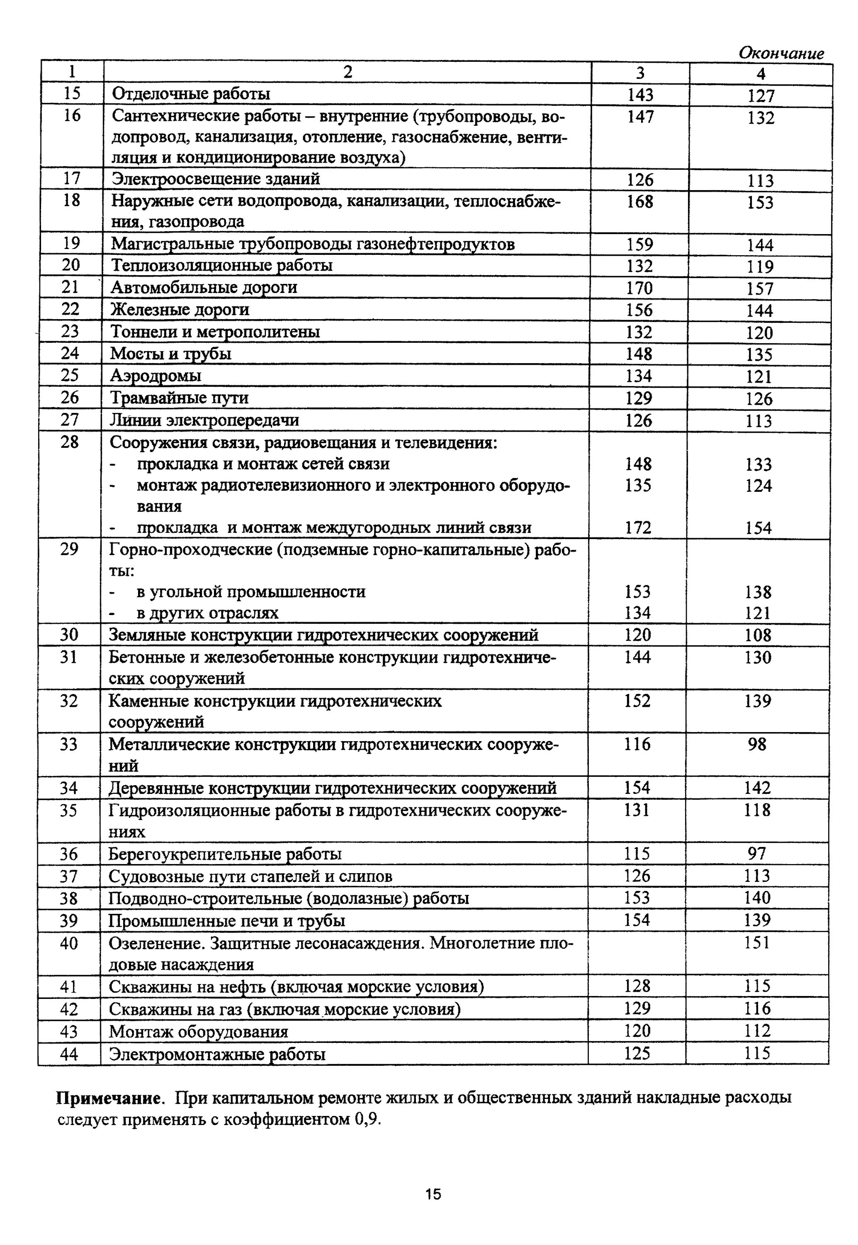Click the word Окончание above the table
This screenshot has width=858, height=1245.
point(780,53)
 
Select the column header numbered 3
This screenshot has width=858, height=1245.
point(640,73)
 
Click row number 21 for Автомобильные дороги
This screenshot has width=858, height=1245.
point(70,287)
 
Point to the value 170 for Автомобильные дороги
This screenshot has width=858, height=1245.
point(639,288)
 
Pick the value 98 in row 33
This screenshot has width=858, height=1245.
point(756,744)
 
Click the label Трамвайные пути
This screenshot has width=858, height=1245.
point(180,398)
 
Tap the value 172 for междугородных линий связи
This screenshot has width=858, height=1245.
point(638,527)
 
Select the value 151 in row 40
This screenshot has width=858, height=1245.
point(757,942)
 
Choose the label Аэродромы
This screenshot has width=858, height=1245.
point(156,375)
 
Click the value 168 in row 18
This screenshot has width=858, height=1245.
point(640,202)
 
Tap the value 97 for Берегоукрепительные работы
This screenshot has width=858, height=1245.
point(757,854)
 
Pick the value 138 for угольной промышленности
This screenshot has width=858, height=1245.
point(758,592)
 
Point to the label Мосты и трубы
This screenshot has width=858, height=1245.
point(171,354)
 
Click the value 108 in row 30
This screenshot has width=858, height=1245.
point(758,635)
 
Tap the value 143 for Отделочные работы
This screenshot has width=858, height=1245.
point(640,95)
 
